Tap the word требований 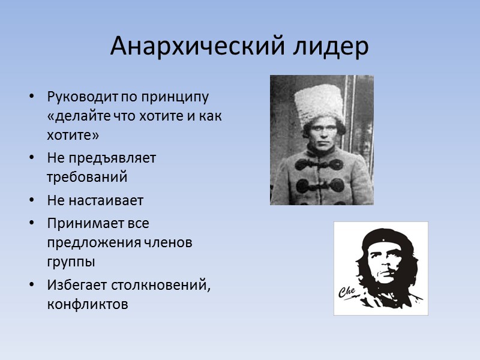[x=87, y=178]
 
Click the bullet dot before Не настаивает [x=32, y=201]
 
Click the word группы [x=71, y=262]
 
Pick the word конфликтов [x=87, y=304]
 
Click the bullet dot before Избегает [x=32, y=284]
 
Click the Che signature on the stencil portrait [x=349, y=292]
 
